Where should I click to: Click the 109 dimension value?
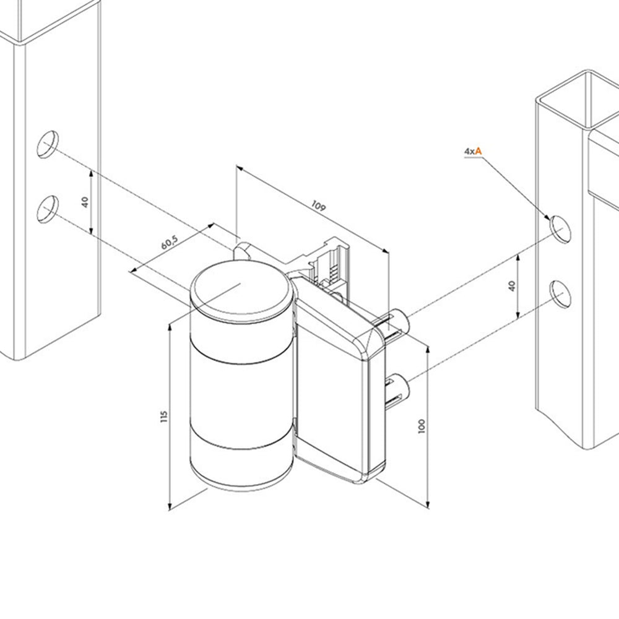pyautogui.click(x=319, y=206)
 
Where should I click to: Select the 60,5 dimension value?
pyautogui.click(x=170, y=243)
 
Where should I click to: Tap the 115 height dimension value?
pyautogui.click(x=164, y=417)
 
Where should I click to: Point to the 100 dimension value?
pyautogui.click(x=422, y=426)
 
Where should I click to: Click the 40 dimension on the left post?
pyautogui.click(x=85, y=202)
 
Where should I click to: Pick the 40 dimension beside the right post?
pyautogui.click(x=512, y=286)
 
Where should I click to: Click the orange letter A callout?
pyautogui.click(x=478, y=151)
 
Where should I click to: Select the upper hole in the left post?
pyautogui.click(x=48, y=144)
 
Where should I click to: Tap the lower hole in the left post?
pyautogui.click(x=48, y=209)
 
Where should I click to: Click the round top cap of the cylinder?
pyautogui.click(x=242, y=290)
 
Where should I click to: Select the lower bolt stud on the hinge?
pyautogui.click(x=397, y=389)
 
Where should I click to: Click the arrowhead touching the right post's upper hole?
pyautogui.click(x=548, y=219)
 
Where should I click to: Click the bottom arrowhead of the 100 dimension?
pyautogui.click(x=428, y=505)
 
